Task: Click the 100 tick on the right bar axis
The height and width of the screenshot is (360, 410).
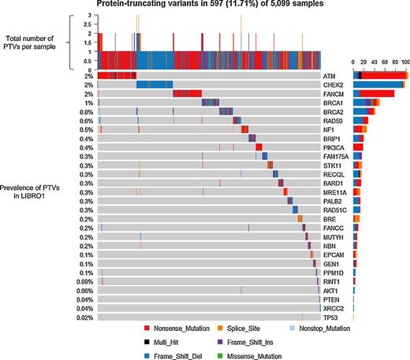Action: point(404,61)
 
